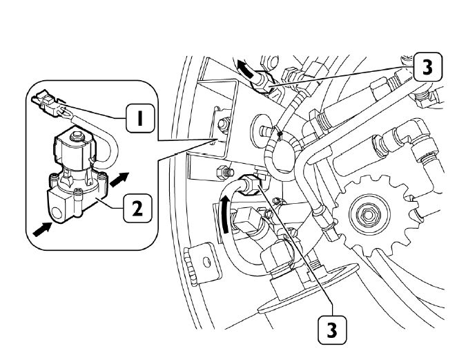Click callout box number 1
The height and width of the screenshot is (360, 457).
[x=140, y=118]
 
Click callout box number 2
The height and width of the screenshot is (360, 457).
[x=137, y=208]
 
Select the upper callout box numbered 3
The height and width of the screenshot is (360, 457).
[x=427, y=67]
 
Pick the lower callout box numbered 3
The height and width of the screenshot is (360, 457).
[x=332, y=330]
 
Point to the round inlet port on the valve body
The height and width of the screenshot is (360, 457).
[x=57, y=212]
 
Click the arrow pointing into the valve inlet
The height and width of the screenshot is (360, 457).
[x=43, y=229]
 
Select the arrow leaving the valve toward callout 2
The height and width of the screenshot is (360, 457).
[x=119, y=180]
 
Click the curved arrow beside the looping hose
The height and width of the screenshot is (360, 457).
[x=225, y=214]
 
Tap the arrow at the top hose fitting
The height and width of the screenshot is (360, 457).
[x=245, y=69]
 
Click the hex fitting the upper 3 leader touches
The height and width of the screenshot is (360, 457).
[x=264, y=83]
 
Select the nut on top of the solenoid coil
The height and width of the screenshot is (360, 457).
[x=77, y=135]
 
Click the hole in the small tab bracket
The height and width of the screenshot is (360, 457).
[x=206, y=261]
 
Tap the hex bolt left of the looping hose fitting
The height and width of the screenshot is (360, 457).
[x=224, y=172]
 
